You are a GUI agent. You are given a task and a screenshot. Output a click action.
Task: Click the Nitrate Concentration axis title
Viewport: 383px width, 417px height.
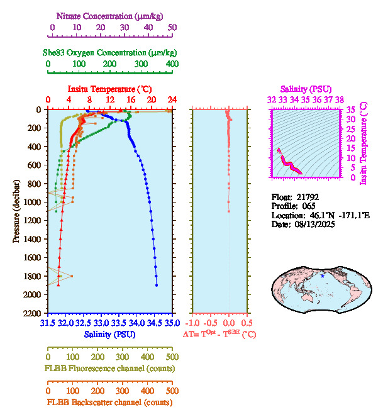pyautogui.click(x=112, y=14)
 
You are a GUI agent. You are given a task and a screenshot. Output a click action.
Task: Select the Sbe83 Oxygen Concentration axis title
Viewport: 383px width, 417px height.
pyautogui.click(x=112, y=52)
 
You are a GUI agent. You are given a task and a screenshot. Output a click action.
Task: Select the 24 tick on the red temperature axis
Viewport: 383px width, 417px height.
pyautogui.click(x=171, y=99)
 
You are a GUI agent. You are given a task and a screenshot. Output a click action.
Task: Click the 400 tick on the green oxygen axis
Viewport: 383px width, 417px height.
pyautogui.click(x=171, y=63)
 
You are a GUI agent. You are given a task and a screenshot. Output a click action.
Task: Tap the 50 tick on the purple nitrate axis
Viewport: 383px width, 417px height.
pyautogui.click(x=172, y=27)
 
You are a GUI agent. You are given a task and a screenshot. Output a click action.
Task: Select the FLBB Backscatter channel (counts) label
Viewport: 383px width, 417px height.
pyautogui.click(x=109, y=403)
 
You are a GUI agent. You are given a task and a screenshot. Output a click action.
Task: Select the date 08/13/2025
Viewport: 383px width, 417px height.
pyautogui.click(x=312, y=225)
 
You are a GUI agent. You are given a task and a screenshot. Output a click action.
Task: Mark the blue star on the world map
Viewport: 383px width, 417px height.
pyautogui.click(x=323, y=276)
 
